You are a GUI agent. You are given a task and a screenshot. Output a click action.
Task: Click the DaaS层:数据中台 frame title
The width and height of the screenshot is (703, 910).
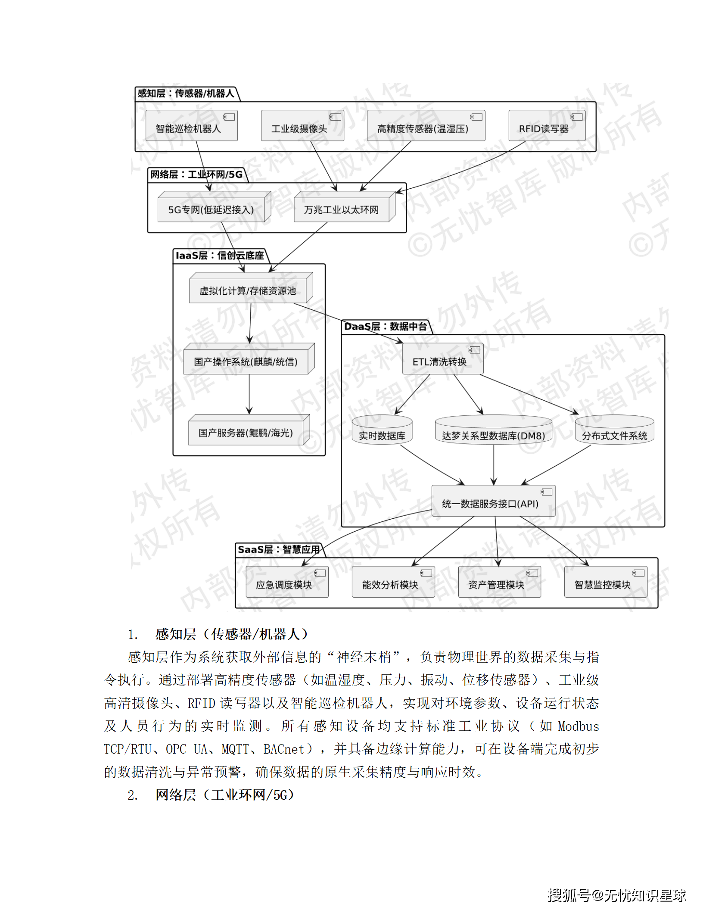pyautogui.click(x=385, y=327)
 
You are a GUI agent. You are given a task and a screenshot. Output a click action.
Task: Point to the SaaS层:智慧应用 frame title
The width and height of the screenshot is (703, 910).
pyautogui.click(x=279, y=550)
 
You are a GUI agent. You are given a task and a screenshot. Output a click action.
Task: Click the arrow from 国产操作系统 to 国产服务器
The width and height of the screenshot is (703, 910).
pyautogui.click(x=249, y=394)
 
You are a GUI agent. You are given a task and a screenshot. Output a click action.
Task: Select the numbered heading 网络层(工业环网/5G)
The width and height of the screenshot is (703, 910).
pyautogui.click(x=224, y=795)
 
